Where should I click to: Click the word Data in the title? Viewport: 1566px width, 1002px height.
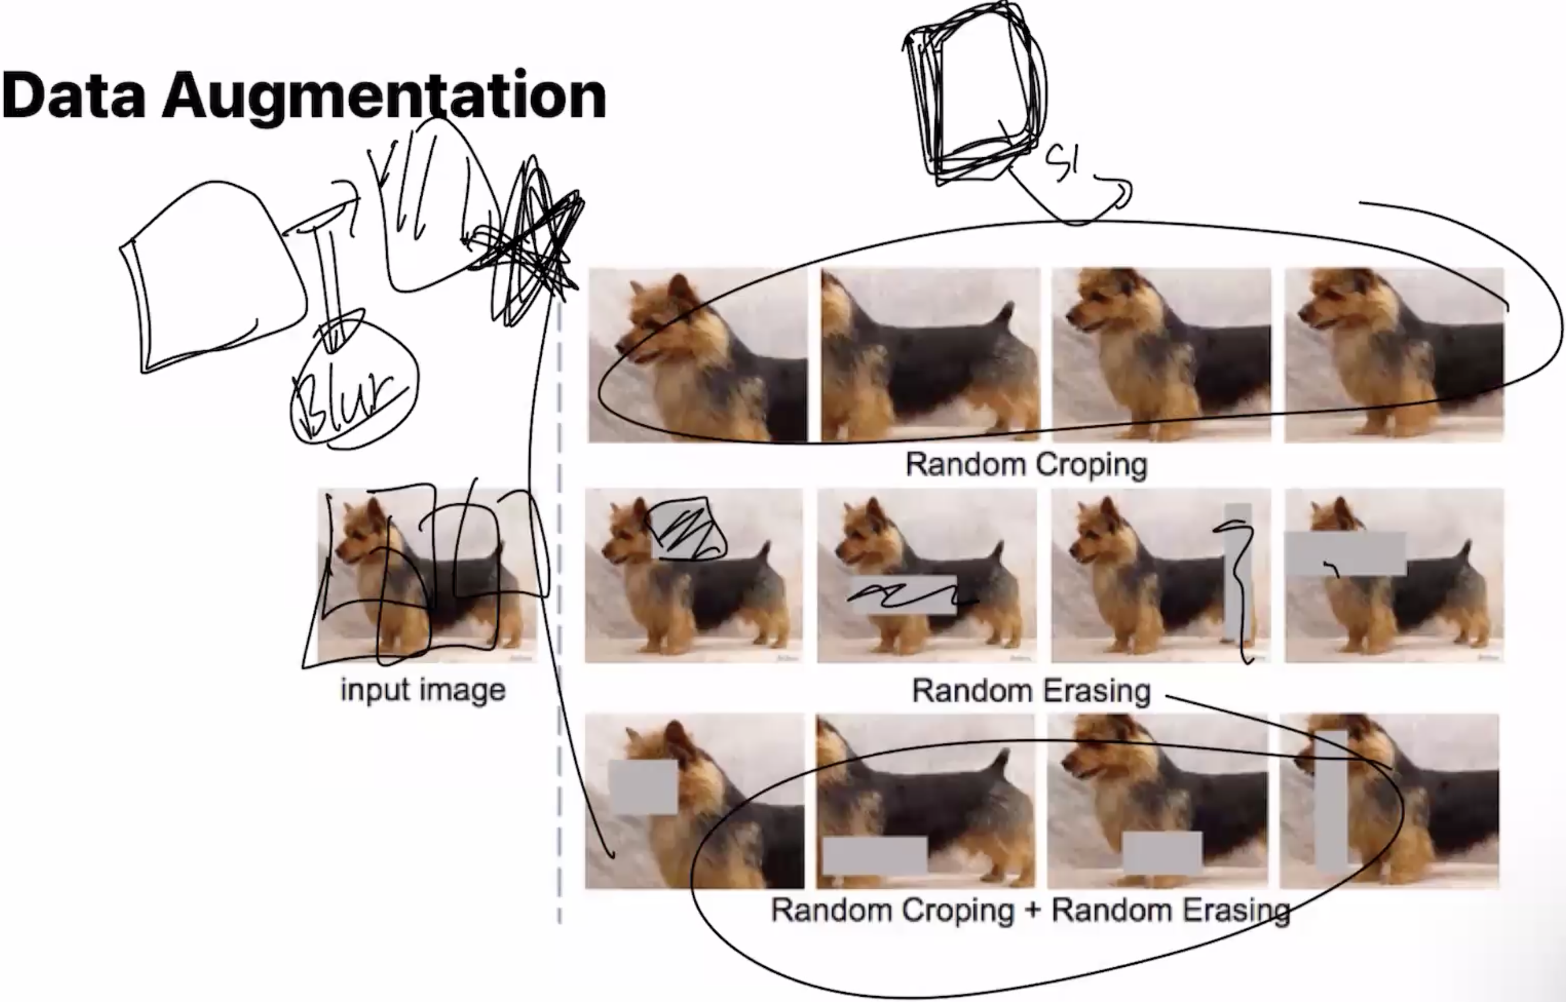point(73,96)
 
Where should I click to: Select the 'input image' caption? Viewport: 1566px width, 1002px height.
point(423,690)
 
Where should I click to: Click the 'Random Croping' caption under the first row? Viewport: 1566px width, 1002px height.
point(1026,465)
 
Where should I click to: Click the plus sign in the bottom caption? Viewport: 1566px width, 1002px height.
point(1032,910)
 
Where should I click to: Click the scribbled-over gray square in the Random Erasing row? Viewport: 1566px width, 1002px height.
point(685,529)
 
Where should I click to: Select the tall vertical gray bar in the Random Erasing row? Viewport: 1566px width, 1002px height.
point(1237,573)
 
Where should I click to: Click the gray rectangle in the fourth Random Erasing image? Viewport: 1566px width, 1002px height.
point(1345,553)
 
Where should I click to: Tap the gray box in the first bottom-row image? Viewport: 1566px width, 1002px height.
point(643,787)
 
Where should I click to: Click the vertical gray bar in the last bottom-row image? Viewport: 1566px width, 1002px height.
point(1331,800)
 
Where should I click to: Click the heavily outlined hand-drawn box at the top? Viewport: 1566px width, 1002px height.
point(973,97)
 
